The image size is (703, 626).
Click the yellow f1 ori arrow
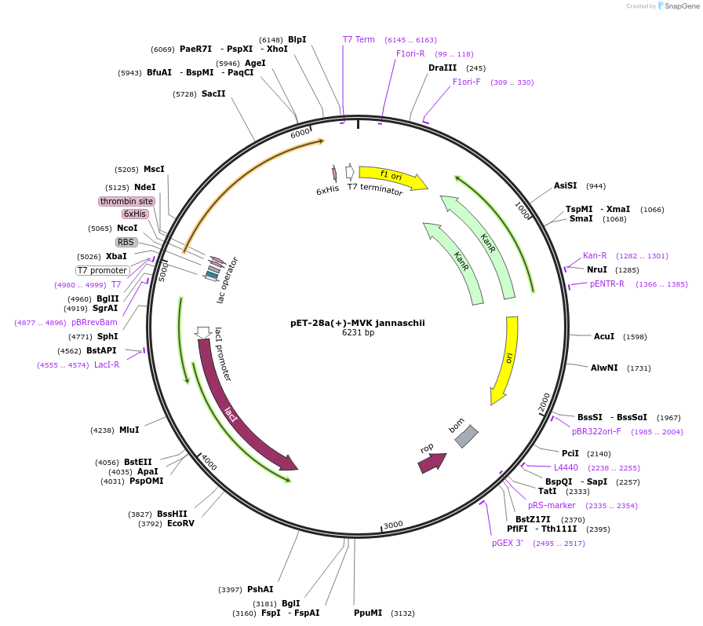pos(392,177)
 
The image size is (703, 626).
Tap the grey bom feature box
pos(466,436)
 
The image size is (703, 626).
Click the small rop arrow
pos(432,463)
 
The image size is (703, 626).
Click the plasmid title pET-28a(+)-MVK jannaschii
pos(356,322)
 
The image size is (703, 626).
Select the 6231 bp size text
pos(358,332)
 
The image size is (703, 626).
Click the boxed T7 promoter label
pos(102,270)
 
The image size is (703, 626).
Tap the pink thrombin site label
pos(126,201)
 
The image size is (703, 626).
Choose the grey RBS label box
pos(126,242)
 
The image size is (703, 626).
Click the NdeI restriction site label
pos(144,187)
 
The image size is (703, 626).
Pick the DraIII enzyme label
pos(443,68)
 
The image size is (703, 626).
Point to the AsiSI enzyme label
pos(565,185)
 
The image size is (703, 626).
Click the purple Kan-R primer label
pos(595,255)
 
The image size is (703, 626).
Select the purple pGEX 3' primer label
pos(508,543)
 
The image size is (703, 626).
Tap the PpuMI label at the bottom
pos(368,613)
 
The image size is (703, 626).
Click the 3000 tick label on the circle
pos(392,524)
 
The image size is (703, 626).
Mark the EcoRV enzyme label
pos(180,523)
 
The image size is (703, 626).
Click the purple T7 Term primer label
pos(359,39)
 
